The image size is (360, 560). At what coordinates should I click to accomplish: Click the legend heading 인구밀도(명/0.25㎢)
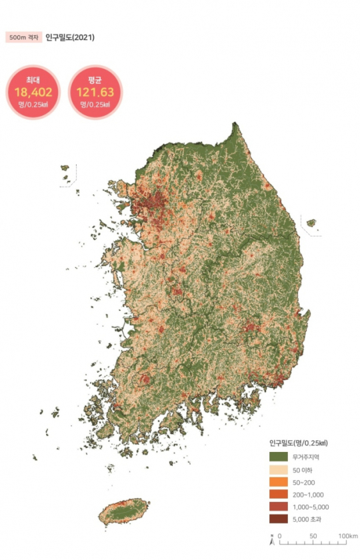coord(298,442)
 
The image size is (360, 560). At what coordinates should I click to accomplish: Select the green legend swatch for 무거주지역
coord(279,457)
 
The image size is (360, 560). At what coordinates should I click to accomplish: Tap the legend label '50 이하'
coord(301,469)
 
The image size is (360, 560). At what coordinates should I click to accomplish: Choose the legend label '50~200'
coord(303,482)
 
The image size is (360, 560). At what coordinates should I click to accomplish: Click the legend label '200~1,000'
coord(307,495)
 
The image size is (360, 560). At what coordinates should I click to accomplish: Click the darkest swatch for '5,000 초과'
coord(279,519)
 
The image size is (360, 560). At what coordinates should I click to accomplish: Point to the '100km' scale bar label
coord(347,535)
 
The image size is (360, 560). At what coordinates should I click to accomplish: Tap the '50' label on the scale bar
coord(313,535)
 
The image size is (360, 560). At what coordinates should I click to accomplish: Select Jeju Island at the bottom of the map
coord(125,512)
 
